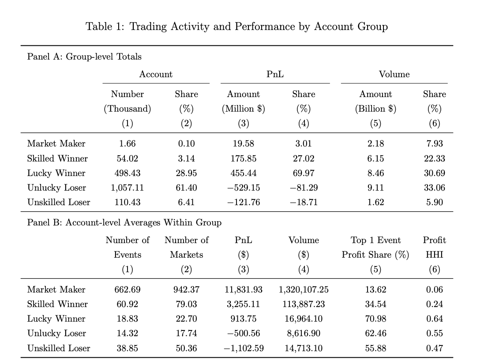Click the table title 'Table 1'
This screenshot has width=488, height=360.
[x=236, y=26]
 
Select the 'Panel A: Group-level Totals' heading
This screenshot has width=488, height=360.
[x=84, y=56]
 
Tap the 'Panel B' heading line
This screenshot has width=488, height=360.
[x=124, y=222]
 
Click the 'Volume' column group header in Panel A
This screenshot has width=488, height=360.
[x=394, y=74]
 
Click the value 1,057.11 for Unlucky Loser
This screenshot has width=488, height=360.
[x=127, y=187]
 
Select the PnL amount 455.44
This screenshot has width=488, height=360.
[x=243, y=173]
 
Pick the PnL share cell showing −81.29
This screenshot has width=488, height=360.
[x=304, y=187]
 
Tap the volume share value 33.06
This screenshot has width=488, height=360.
[x=434, y=187]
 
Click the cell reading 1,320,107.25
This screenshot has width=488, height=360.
[x=304, y=289]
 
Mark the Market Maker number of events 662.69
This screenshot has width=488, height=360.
[x=127, y=289]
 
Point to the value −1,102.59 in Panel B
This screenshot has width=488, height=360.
[x=243, y=348]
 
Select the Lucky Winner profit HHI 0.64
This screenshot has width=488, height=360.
[x=435, y=319]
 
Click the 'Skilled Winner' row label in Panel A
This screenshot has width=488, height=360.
[x=57, y=158]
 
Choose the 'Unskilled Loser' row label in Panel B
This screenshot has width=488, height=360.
[x=59, y=348]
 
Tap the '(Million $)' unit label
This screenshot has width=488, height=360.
[x=243, y=109]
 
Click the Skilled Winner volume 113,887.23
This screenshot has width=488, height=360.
[x=304, y=304]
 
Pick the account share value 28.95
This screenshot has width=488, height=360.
[x=186, y=173]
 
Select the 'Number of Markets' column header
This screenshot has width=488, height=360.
[x=186, y=247]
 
